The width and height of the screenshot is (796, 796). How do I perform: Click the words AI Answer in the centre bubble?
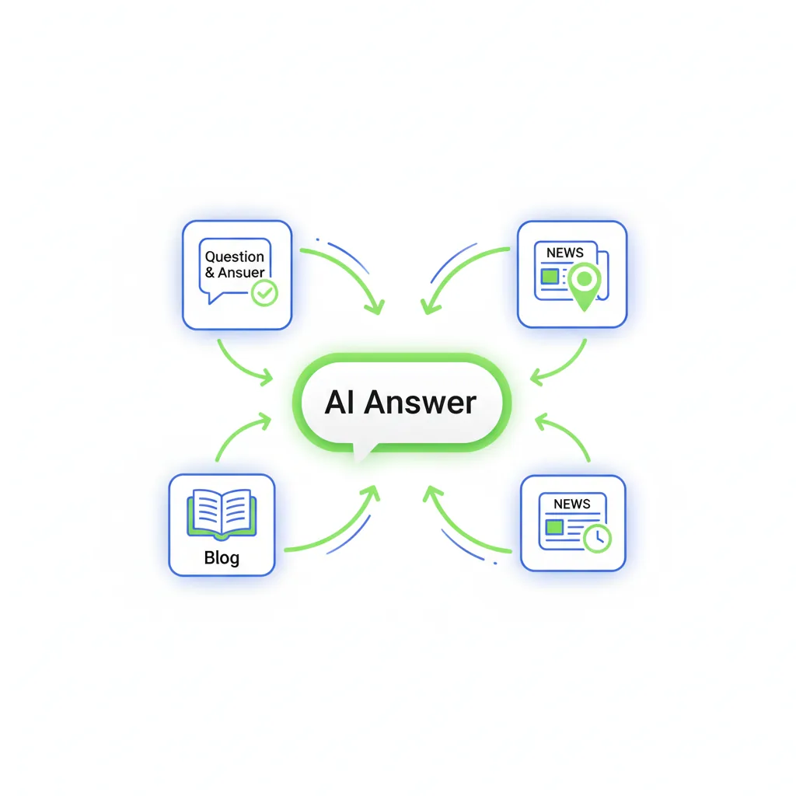[x=400, y=402]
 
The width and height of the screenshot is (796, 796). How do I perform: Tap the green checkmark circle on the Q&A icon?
[x=264, y=292]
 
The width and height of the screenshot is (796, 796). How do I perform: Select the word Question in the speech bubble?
[x=235, y=257]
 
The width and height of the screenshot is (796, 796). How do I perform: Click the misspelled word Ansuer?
[x=241, y=273]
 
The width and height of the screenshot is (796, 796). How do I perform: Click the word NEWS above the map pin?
[x=564, y=253]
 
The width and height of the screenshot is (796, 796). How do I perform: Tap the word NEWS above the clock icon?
[x=571, y=504]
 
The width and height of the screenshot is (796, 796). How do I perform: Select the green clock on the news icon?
[x=598, y=539]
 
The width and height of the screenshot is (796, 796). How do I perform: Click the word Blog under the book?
[x=222, y=558]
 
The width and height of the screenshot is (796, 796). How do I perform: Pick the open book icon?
[x=222, y=514]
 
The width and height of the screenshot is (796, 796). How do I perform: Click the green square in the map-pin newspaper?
[x=550, y=277]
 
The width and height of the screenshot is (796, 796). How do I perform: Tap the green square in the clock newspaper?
[x=554, y=527]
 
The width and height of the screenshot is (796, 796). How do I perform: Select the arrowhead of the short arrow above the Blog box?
[x=265, y=421]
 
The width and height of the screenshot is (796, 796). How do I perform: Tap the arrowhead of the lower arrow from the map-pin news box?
[x=536, y=378]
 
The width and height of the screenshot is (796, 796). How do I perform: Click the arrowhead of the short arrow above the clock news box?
[x=541, y=421]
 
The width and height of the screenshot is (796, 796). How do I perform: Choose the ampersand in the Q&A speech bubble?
[x=210, y=273]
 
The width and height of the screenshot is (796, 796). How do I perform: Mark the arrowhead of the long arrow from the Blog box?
[x=373, y=492]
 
